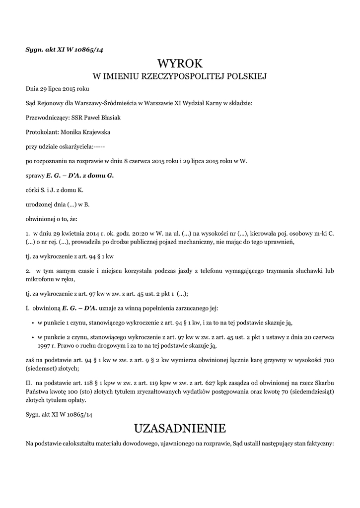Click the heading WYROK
pos(180,63)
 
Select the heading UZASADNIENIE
pos(180,428)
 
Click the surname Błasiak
pos(110,118)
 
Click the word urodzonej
pos(39,204)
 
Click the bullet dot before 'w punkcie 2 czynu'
pos(32,337)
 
